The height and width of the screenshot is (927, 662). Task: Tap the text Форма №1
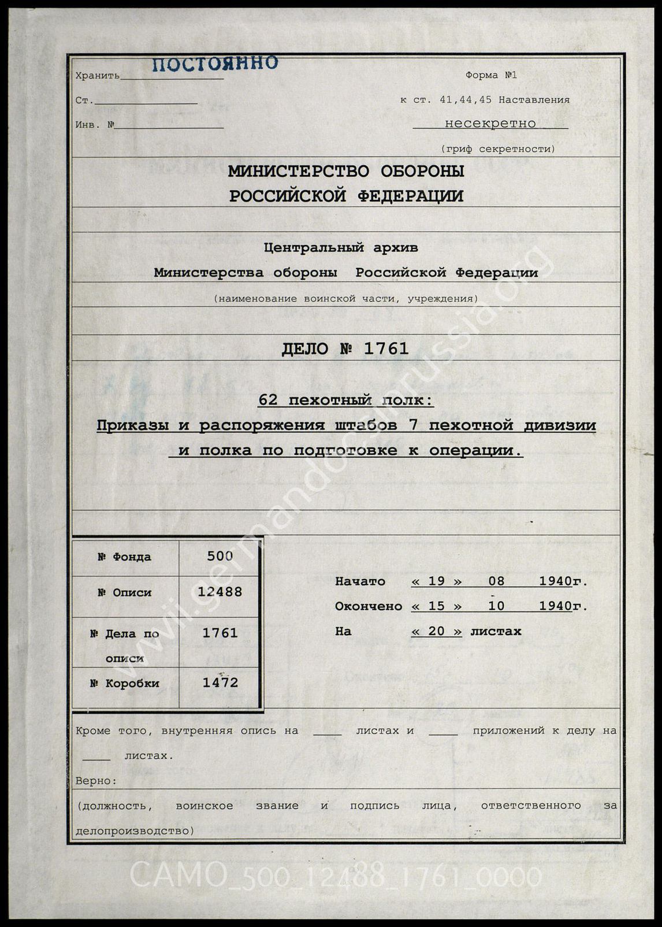tap(490, 75)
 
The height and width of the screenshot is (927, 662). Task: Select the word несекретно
tap(490, 123)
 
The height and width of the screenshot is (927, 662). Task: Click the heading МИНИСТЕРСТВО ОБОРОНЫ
tap(346, 171)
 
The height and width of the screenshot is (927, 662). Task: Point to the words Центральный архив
tap(341, 248)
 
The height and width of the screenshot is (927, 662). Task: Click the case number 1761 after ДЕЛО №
tap(386, 348)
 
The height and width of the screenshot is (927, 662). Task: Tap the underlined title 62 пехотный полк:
tap(345, 401)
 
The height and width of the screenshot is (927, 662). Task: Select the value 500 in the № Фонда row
tap(220, 556)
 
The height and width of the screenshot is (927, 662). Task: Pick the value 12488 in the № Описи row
tap(220, 592)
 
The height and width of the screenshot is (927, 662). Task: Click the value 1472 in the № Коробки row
tap(220, 683)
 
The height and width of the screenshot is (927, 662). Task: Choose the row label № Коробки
tap(124, 683)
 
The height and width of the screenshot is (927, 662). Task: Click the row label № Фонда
tap(124, 557)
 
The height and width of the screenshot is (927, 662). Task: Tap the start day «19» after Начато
tap(436, 581)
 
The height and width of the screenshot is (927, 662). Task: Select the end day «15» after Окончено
tap(436, 606)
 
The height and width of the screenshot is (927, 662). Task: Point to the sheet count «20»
tap(436, 631)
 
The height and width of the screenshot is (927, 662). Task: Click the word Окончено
tap(368, 606)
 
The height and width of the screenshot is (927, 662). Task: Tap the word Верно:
tap(96, 781)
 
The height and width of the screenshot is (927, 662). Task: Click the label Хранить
tap(97, 76)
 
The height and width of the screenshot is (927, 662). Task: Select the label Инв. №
tap(95, 125)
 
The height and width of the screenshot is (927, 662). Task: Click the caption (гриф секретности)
tap(498, 149)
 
